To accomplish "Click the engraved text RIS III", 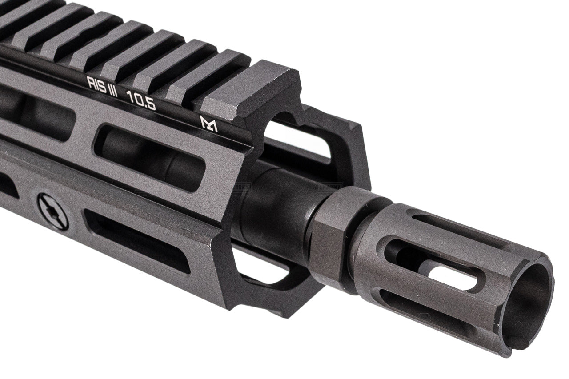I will (102, 84).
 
